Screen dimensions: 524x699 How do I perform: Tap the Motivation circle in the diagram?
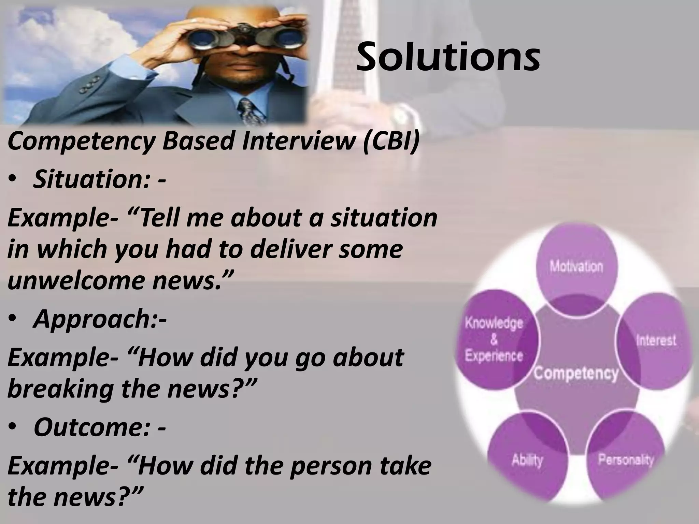[x=576, y=266]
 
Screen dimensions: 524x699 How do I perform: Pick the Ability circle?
[x=527, y=461]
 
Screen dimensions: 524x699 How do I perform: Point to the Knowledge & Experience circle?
[x=494, y=339]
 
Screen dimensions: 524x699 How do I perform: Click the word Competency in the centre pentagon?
[x=576, y=374]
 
